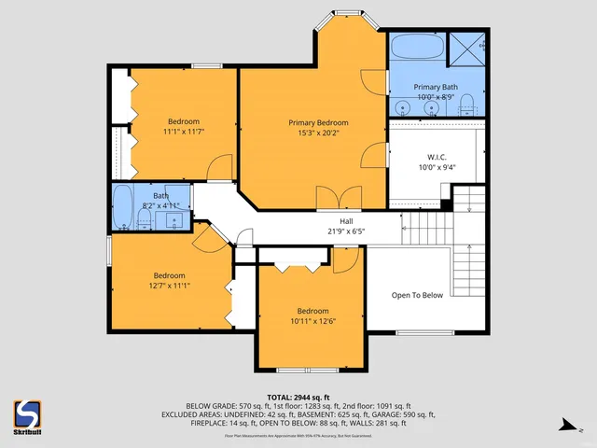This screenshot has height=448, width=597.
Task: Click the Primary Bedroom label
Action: pyautogui.click(x=318, y=122)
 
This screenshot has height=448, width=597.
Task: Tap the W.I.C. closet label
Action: pyautogui.click(x=437, y=157)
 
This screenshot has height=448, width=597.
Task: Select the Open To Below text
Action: pyautogui.click(x=417, y=295)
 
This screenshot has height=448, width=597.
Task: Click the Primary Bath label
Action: pyautogui.click(x=437, y=87)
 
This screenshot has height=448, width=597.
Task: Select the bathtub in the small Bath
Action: pyautogui.click(x=123, y=207)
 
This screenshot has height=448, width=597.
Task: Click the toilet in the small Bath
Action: pyautogui.click(x=143, y=219)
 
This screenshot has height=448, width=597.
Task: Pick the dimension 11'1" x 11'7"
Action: pyautogui.click(x=183, y=133)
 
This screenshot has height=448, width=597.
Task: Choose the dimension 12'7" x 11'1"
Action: pyautogui.click(x=169, y=286)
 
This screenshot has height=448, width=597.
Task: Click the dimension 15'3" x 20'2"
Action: pyautogui.click(x=318, y=133)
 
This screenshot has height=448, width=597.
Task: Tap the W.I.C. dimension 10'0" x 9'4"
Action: pyautogui.click(x=437, y=168)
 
